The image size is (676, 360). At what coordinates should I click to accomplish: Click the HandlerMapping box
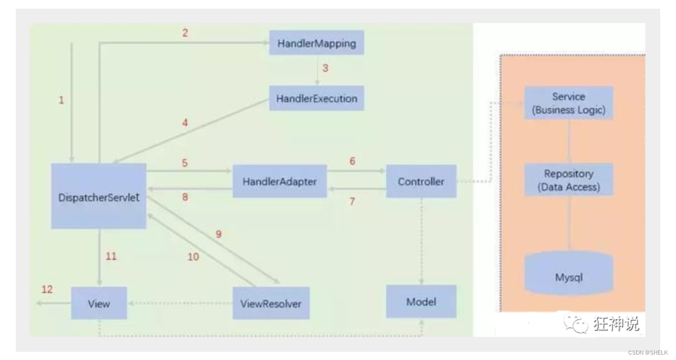pos(316,44)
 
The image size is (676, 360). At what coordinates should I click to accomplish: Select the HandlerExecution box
pos(316,99)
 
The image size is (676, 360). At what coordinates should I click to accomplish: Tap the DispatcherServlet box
pos(99,197)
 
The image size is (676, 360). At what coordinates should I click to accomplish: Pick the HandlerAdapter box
pos(280,182)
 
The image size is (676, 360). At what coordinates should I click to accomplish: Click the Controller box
pos(421,182)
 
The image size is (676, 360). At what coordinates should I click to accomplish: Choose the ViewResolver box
pos(271,303)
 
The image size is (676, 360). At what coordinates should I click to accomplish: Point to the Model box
pos(421,301)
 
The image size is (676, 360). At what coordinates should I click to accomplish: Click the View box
pos(99,303)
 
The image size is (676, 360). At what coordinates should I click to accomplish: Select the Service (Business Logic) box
pos(569,103)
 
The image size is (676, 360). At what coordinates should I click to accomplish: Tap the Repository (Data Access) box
pos(569,180)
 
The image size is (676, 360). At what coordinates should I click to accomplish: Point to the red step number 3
pos(326,69)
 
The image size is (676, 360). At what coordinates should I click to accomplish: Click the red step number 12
pos(47,289)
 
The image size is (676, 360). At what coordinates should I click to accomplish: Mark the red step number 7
pos(352,201)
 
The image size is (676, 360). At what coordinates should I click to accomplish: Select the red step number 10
pos(193,257)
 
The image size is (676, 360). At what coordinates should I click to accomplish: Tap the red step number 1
pos(61,100)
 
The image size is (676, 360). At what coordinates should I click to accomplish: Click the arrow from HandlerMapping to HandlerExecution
pos(317,70)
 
